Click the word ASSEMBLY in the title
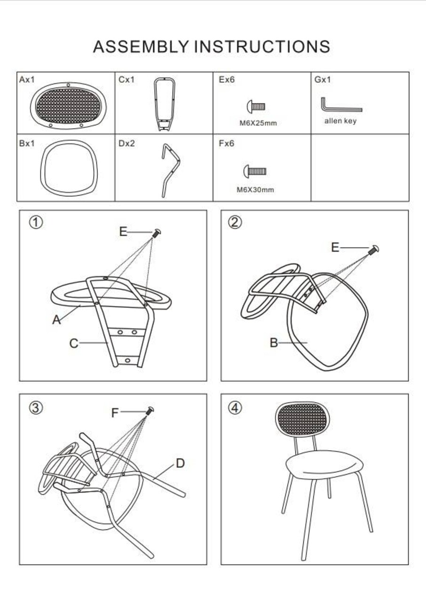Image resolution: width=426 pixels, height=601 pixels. point(141,46)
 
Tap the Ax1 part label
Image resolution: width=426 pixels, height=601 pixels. point(27,79)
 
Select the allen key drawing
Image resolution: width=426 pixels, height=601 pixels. point(341,105)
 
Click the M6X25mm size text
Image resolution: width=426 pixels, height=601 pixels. point(258,123)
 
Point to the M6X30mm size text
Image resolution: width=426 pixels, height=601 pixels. point(255,190)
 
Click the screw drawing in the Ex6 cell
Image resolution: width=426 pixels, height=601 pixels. point(256,107)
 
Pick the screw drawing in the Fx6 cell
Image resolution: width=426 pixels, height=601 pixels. point(255,171)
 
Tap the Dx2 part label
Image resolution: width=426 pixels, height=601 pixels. point(126,143)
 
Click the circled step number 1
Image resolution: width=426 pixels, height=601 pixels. point(36,223)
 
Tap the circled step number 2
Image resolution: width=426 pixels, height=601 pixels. point(235,223)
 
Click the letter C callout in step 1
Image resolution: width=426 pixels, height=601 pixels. point(74,343)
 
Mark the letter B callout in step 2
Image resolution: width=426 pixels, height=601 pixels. point(274,343)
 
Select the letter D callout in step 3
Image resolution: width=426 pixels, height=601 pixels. point(180,463)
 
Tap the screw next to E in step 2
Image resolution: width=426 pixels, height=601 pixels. point(374,250)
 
